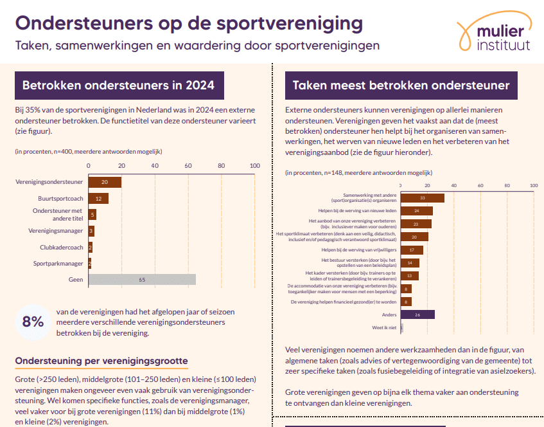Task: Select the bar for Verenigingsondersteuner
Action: tap(105, 182)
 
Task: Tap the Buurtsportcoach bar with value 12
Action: tap(98, 199)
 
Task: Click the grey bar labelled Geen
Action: tap(141, 280)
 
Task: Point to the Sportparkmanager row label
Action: tap(58, 263)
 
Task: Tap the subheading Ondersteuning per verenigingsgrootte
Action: tap(101, 361)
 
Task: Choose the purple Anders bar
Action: tap(417, 314)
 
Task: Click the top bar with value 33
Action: tap(422, 198)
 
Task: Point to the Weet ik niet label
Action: tap(385, 328)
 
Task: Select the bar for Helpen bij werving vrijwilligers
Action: tap(412, 250)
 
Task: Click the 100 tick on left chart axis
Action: tap(254, 166)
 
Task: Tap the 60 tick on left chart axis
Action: tap(188, 166)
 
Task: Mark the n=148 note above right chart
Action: tap(358, 172)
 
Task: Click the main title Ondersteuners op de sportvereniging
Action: tap(189, 23)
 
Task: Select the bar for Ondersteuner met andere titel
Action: tap(92, 215)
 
